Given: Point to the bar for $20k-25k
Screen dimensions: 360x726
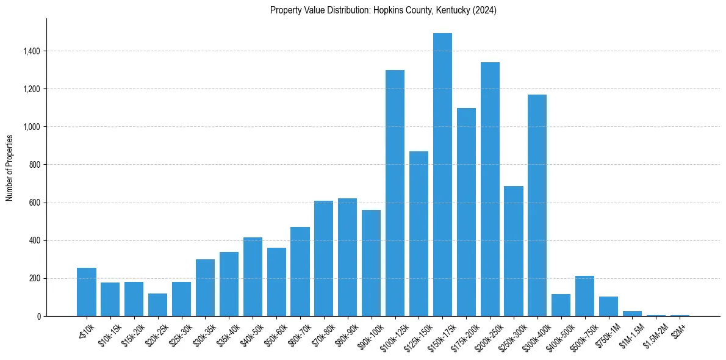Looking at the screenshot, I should [158, 304].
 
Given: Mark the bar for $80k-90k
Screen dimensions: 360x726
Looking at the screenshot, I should [347, 257].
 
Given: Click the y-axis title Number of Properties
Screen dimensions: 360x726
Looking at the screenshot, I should [10, 168].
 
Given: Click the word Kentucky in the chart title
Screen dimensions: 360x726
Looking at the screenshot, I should [451, 10].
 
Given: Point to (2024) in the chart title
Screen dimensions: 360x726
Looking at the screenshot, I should [486, 10].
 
